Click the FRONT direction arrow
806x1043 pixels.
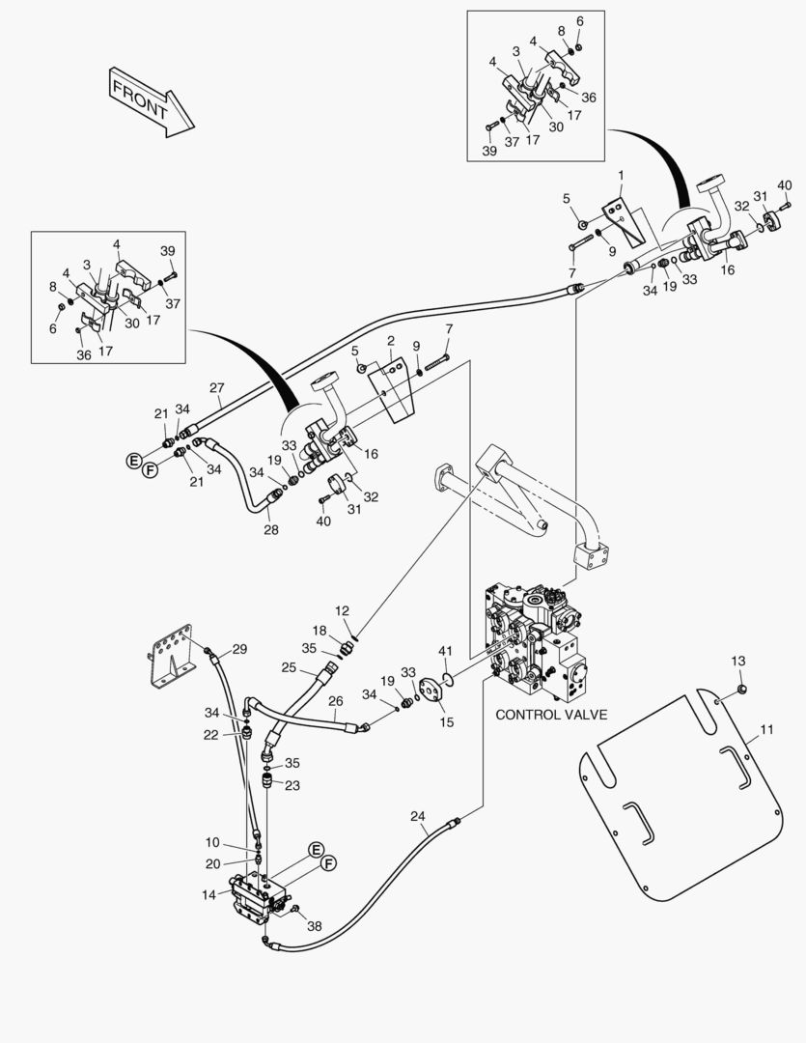coord(150,100)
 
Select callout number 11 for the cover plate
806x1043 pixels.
coord(766,731)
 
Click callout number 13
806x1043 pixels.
coord(737,661)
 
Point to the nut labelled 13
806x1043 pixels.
coord(740,687)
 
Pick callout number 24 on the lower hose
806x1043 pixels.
coord(417,816)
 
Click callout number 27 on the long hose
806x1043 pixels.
coord(216,388)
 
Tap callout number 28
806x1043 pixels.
coord(270,529)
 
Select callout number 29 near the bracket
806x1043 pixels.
coord(239,648)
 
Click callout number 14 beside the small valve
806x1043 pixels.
coord(208,894)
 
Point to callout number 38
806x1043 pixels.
coord(314,925)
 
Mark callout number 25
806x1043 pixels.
coord(289,667)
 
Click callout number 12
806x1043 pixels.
coord(342,610)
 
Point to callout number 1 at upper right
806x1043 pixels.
coord(620,176)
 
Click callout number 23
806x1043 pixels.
coord(292,785)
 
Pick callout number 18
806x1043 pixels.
coord(320,630)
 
